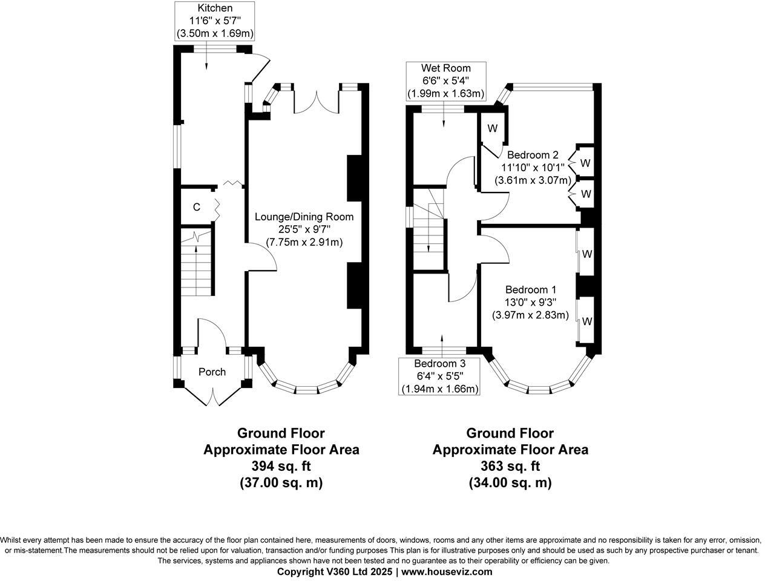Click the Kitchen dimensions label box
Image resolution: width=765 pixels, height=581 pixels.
click(x=214, y=21)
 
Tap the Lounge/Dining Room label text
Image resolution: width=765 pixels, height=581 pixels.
click(x=304, y=217)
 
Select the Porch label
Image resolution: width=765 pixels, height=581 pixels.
click(x=212, y=372)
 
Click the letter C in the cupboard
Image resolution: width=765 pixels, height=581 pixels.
click(x=197, y=207)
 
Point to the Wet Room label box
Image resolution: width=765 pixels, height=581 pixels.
click(x=446, y=80)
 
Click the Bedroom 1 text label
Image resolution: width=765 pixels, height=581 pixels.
click(x=531, y=289)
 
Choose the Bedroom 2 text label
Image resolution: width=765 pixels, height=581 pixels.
click(x=532, y=154)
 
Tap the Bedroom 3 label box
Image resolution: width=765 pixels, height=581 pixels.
click(x=440, y=376)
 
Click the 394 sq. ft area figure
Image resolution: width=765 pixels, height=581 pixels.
click(x=280, y=466)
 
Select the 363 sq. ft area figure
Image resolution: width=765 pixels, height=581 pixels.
click(x=510, y=466)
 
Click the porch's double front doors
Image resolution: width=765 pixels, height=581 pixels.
click(x=212, y=396)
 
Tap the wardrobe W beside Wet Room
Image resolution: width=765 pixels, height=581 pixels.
click(x=492, y=128)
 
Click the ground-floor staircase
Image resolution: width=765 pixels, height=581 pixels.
click(x=196, y=269)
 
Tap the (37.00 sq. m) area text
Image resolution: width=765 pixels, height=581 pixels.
click(x=280, y=483)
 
